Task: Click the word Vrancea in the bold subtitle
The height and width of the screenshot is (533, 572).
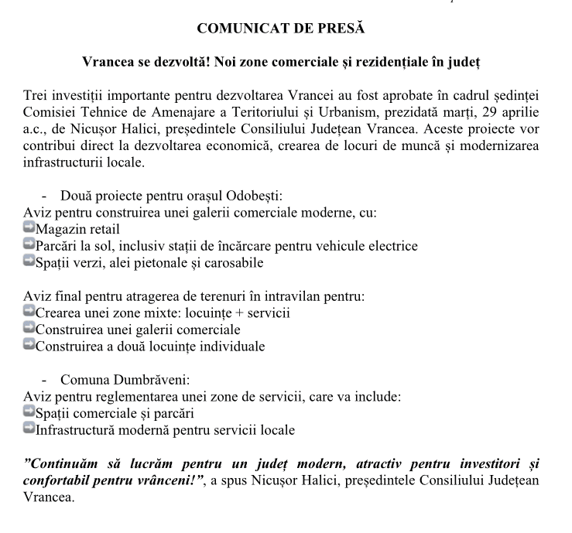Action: tap(108, 60)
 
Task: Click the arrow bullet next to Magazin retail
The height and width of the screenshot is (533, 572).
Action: tap(29, 228)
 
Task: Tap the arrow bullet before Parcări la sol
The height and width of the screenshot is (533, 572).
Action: tap(29, 245)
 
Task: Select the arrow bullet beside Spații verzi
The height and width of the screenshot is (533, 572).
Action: tap(29, 262)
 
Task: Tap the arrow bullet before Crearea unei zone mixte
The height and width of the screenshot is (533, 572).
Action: tap(29, 312)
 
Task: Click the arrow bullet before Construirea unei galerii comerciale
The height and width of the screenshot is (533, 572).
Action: tap(29, 329)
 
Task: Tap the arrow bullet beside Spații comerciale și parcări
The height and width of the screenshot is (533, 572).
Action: tap(29, 412)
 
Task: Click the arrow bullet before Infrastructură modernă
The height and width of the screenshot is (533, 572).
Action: tap(29, 429)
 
